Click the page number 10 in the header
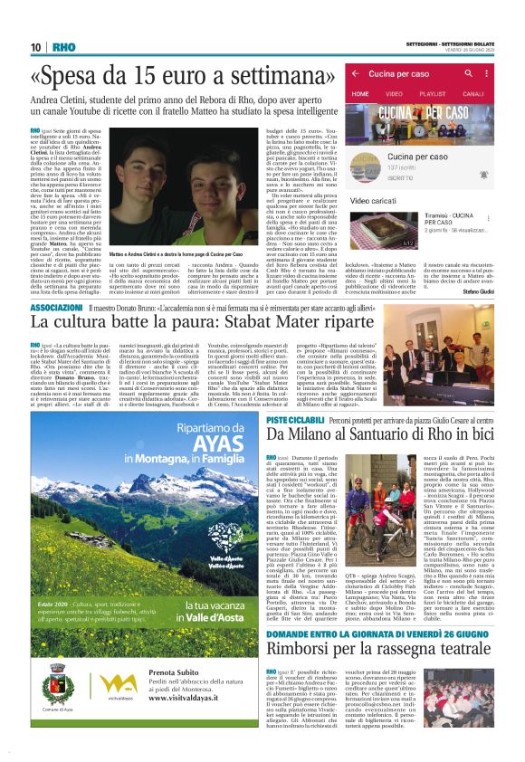click(36, 48)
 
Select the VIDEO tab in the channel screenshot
click(394, 93)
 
